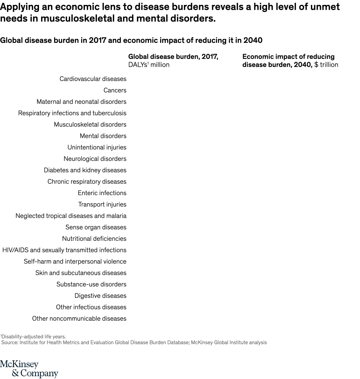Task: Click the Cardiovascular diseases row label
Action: point(93,79)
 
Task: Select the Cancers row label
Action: point(115,91)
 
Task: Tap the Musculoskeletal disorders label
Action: point(90,125)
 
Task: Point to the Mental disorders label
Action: point(103,136)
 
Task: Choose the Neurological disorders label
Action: point(95,159)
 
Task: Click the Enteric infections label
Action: point(102,193)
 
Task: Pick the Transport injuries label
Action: point(102,205)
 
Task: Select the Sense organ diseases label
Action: point(96,227)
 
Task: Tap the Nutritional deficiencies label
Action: point(94,239)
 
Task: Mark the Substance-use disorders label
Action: point(91,284)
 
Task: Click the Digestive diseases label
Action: point(100,296)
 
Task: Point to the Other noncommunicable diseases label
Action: point(79,319)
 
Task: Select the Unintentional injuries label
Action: point(97,147)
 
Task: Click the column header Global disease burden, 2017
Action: point(173,57)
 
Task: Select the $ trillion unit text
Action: point(326,65)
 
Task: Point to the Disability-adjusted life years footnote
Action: point(33,337)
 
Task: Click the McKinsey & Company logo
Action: point(29,369)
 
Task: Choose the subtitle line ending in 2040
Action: point(131,40)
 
